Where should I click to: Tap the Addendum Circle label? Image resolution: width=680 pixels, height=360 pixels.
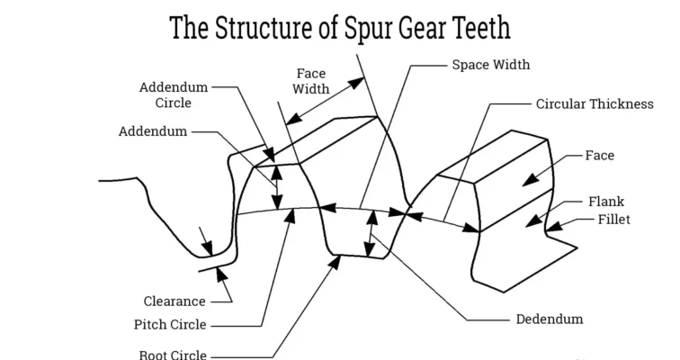174,94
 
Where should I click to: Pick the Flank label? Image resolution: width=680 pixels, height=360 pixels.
605,202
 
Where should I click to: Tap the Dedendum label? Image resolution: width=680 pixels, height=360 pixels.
550,319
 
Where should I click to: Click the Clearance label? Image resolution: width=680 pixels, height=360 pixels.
174,301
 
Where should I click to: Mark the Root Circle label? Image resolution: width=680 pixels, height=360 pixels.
174,354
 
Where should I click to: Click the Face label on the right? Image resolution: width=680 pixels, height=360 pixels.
600,155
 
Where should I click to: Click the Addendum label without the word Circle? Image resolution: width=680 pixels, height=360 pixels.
153,131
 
